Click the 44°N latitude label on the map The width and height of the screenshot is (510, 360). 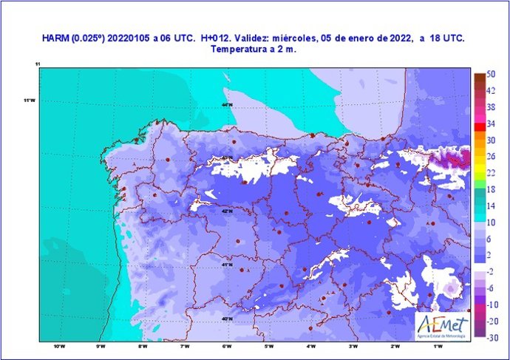pos(228,105)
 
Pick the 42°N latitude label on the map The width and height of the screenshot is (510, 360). pos(227,211)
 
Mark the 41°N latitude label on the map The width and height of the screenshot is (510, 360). pos(227,264)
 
